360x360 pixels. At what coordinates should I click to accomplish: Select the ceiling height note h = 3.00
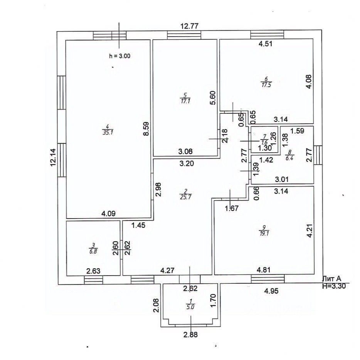pos(120,56)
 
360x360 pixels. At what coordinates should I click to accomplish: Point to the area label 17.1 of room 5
pos(184,101)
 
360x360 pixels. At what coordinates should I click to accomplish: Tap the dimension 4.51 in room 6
pos(265,44)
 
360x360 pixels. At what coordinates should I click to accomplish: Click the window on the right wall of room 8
pos(318,155)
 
